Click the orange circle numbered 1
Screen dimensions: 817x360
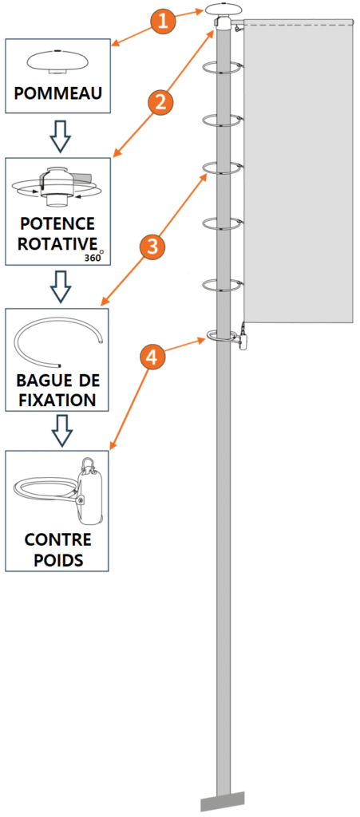click(164, 21)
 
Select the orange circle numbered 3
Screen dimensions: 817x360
click(152, 247)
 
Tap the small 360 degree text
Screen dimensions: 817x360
click(94, 257)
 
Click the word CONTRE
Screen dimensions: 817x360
click(57, 540)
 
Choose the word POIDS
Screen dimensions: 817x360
click(57, 561)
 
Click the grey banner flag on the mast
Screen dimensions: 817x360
click(297, 172)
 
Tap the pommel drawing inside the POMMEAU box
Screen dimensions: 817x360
click(58, 61)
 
